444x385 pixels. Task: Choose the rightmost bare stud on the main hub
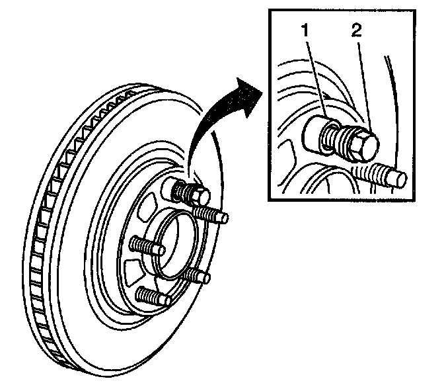(x=212, y=215)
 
